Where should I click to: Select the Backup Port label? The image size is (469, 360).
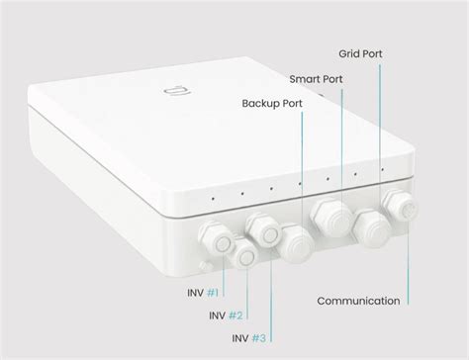pos(272,102)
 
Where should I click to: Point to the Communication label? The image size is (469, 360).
pos(358,300)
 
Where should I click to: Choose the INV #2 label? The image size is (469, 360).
pos(225,315)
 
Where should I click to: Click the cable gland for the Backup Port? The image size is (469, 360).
pos(295,240)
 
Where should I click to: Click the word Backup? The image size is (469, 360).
pos(260,102)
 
